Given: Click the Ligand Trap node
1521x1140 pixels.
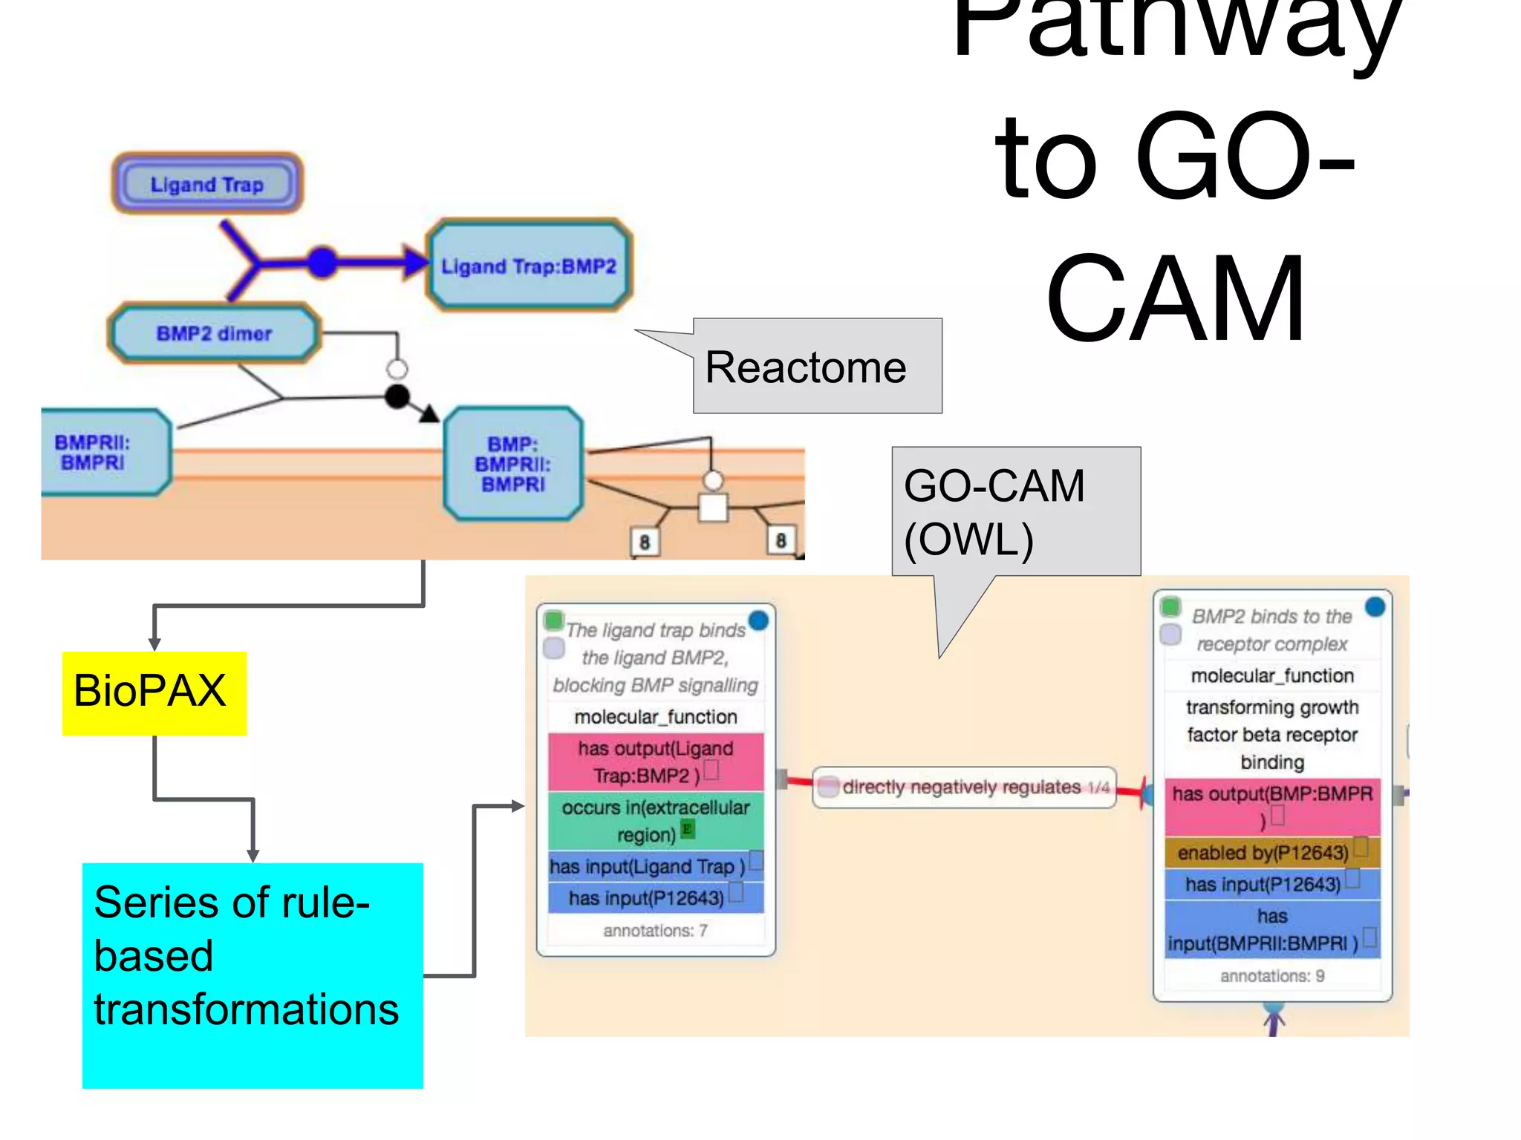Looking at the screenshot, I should click(x=207, y=184).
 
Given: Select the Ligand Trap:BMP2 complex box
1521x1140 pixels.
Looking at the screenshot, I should click(x=529, y=266).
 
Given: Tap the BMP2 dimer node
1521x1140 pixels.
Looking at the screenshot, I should click(x=214, y=333).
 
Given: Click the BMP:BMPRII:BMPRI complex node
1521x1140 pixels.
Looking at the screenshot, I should click(x=512, y=464).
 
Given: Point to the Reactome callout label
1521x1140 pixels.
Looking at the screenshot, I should click(x=806, y=367).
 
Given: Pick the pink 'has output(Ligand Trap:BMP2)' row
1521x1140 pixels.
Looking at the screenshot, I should click(x=655, y=762).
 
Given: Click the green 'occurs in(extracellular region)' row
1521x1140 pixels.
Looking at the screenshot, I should click(x=655, y=821).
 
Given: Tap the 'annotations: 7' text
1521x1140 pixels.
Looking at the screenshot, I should click(x=655, y=931).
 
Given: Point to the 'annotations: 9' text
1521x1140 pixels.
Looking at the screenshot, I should click(x=1271, y=976).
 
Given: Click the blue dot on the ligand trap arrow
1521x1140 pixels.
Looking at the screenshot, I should click(x=322, y=262).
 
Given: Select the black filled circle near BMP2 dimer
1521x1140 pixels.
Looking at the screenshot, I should click(x=397, y=397).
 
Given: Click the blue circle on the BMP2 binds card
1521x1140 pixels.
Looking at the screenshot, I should click(x=1375, y=607).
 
